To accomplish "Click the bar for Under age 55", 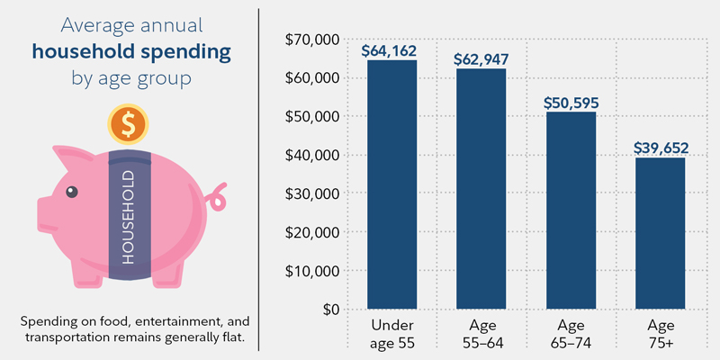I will pos(391,184).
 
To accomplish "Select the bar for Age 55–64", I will pos(481,189).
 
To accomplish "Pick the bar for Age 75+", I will pos(659,234).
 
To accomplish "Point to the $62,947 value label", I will pos(481,59).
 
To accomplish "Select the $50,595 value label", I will pos(570,102).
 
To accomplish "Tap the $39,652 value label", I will pos(659,146).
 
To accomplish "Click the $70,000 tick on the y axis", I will pos(310,40).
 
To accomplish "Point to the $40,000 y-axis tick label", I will pos(310,156).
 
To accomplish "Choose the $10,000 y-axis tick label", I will pos(310,271).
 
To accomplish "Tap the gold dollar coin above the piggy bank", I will pos(128,124).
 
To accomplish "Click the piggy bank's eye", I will pos(71,191).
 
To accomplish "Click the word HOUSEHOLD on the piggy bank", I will pos(128,216).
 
